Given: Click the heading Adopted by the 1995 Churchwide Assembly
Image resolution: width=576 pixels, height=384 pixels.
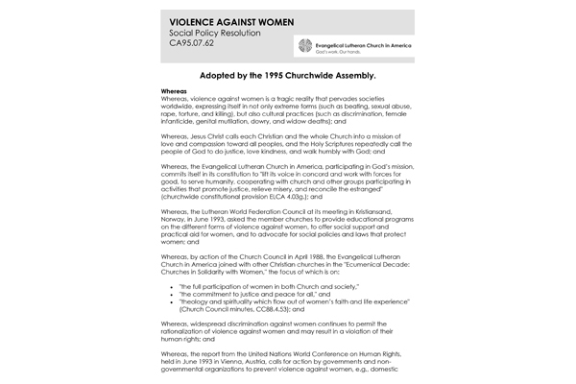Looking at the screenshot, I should pos(287,74).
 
